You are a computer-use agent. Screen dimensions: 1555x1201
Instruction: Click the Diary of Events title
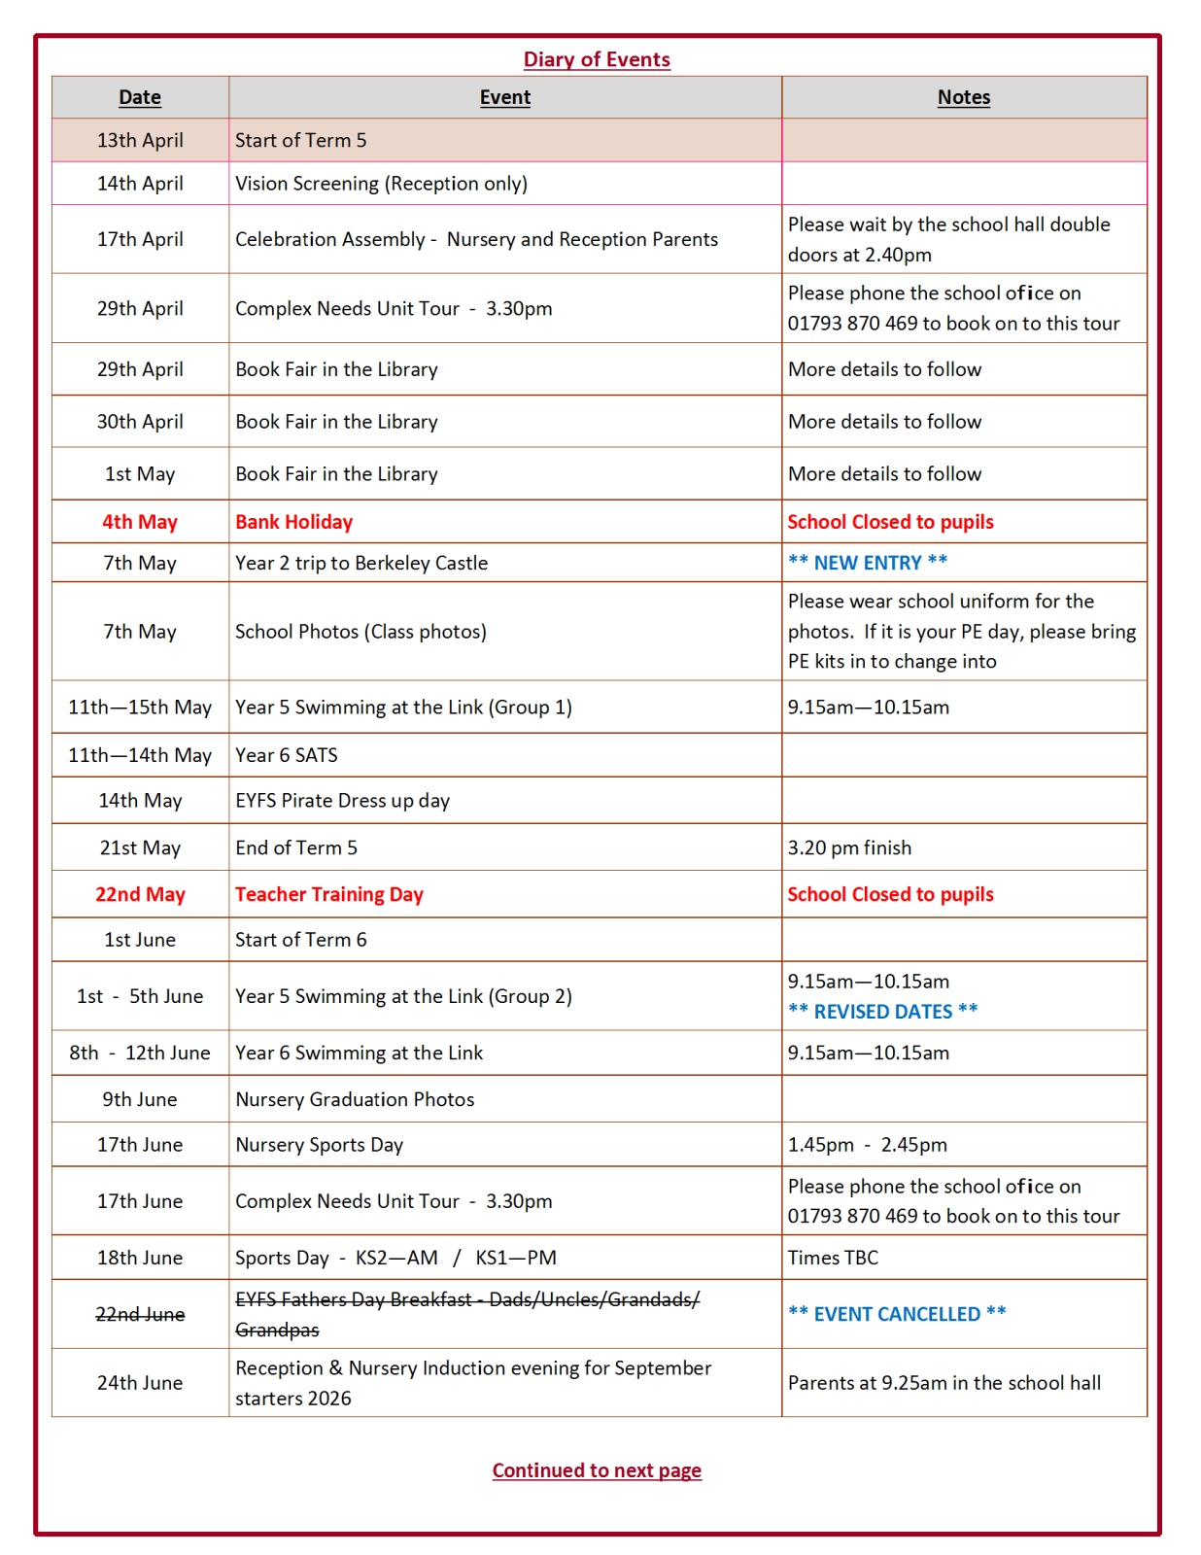pos(597,59)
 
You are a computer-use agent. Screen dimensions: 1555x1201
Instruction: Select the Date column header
pos(140,97)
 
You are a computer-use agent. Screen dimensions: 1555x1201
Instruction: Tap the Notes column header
pos(963,97)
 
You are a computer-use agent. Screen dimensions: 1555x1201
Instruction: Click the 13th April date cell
pos(140,140)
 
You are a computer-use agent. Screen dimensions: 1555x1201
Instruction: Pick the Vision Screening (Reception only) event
pos(381,184)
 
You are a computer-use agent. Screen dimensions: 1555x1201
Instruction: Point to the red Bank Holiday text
pos(293,522)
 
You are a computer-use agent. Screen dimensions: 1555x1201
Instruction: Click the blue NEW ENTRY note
pos(867,563)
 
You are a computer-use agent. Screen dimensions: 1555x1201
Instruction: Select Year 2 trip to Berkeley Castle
pos(361,563)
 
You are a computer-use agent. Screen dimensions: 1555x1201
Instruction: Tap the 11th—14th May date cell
pos(140,755)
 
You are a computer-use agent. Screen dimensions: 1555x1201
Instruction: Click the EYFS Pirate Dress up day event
pos(342,801)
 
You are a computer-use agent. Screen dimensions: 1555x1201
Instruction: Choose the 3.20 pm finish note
pos(849,847)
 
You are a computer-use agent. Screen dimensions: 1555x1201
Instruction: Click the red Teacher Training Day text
pos(328,894)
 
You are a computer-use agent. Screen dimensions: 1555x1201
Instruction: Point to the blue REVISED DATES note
pos(882,1012)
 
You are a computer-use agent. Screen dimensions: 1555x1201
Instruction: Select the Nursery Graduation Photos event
pos(355,1099)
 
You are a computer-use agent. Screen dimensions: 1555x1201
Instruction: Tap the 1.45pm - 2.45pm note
pos(867,1145)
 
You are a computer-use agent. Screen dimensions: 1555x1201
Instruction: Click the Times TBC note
pos(833,1258)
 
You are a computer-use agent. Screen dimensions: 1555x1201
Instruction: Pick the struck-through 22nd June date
pos(140,1314)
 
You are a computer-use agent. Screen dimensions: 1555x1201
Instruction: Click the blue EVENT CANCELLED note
pos(896,1314)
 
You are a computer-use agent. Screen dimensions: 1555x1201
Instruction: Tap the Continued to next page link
pos(597,1470)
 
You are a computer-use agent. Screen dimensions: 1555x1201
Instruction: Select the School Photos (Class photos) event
pos(360,632)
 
